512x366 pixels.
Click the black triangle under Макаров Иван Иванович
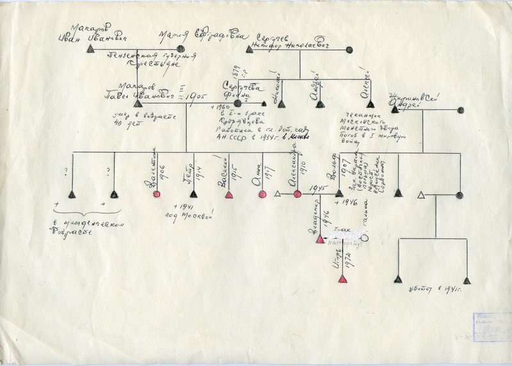pyautogui.click(x=90, y=49)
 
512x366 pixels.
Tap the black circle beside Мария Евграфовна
pyautogui.click(x=180, y=49)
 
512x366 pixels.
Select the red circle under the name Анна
pyautogui.click(x=262, y=194)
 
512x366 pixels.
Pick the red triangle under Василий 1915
pyautogui.click(x=228, y=194)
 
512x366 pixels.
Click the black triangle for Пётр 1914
pyautogui.click(x=194, y=194)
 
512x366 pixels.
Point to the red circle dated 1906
pyautogui.click(x=156, y=194)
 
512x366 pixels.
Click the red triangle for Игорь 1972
pyautogui.click(x=342, y=279)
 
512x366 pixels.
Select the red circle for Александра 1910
pyautogui.click(x=298, y=193)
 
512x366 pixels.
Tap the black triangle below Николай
pyautogui.click(x=281, y=104)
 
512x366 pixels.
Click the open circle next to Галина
pyautogui.click(x=364, y=238)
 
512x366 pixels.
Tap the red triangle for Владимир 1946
pyautogui.click(x=320, y=239)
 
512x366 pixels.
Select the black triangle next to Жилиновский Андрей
pyautogui.click(x=395, y=109)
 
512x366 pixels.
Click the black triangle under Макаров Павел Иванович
pyautogui.click(x=138, y=103)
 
